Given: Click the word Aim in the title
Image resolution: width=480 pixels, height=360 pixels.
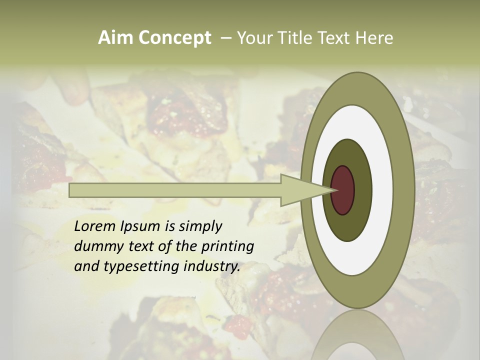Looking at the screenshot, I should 116,38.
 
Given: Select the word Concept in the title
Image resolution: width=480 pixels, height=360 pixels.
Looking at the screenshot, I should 174,38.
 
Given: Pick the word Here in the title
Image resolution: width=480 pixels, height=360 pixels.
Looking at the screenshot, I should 374,38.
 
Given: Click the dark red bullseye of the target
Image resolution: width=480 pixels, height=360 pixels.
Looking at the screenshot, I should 343,190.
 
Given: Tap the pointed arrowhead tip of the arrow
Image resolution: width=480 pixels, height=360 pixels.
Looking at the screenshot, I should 334,190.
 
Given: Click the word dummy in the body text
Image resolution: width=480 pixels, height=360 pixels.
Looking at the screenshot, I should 95,247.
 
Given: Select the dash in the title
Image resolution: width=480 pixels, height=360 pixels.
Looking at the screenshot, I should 225,38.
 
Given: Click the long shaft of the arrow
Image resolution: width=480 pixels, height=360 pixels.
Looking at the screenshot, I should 175,190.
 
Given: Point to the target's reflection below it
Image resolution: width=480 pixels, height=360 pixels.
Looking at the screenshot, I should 357,337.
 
